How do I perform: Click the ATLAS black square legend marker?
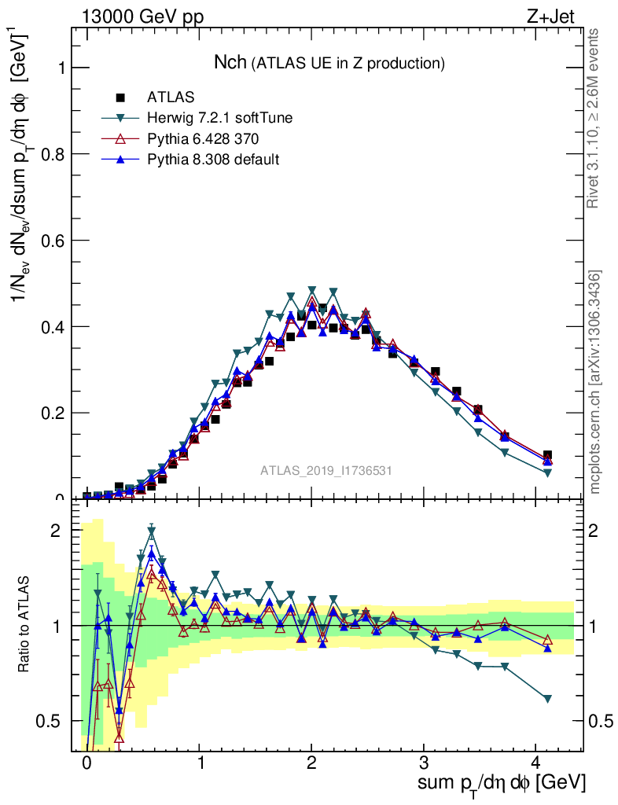point(120,97)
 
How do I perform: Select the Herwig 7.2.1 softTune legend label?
point(220,118)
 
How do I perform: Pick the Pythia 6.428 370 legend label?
point(203,138)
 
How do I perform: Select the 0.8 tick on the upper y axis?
point(55,154)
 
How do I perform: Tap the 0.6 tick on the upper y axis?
point(55,241)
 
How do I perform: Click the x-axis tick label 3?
point(424,763)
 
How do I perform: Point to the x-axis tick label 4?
point(535,763)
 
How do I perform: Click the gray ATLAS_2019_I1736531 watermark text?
point(326,470)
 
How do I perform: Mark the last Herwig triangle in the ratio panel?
point(547,698)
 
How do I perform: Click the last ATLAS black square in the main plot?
point(547,455)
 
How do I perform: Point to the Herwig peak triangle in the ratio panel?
point(151,531)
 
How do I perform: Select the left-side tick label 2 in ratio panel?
point(56,531)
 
